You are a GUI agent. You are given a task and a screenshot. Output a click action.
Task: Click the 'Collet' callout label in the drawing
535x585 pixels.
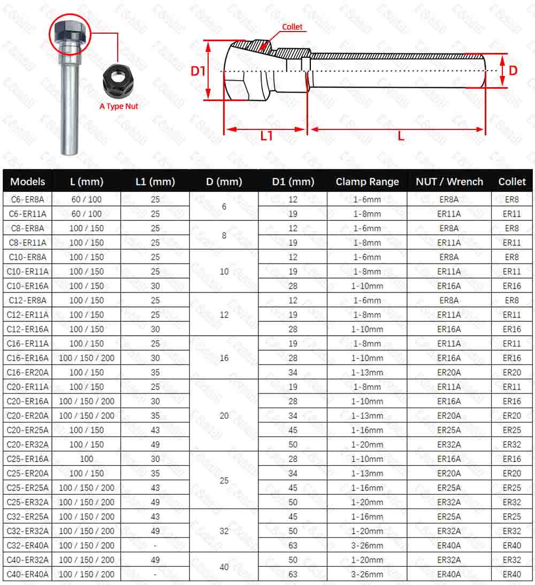pos(292,27)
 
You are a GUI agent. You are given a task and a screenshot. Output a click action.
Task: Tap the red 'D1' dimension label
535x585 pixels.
pos(198,71)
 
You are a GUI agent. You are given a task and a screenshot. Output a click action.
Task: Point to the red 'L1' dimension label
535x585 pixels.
pos(266,136)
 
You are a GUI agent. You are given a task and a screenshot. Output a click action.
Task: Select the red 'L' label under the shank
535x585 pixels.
pos(401,136)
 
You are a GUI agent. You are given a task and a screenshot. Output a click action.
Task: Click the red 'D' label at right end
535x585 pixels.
pos(513,71)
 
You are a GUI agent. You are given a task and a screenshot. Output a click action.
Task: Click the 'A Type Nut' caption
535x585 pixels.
pos(119,106)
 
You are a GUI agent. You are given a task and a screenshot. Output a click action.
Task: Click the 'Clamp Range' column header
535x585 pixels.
pos(367,182)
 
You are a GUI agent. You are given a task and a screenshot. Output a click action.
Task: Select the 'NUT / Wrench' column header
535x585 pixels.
pos(449,182)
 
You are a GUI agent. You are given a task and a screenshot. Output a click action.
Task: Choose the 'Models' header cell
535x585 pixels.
pos(28,182)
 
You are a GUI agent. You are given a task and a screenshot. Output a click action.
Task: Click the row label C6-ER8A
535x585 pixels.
pos(27,199)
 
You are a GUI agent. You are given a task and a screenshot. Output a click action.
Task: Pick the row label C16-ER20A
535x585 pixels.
pos(27,373)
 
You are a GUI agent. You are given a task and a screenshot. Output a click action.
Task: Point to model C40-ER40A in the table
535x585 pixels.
pos(27,575)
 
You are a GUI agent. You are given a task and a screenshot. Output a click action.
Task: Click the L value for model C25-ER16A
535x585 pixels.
pos(86,459)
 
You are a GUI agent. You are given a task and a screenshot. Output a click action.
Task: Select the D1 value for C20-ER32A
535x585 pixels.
pos(293,444)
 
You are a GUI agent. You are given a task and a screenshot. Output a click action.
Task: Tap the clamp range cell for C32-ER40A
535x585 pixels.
pos(367,545)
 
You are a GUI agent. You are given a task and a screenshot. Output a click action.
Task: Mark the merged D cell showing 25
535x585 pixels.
pos(224,481)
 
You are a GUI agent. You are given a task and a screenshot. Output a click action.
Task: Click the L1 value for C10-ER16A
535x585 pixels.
pos(155,286)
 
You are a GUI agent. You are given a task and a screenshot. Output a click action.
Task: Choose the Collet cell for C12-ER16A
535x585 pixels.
pos(511,329)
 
